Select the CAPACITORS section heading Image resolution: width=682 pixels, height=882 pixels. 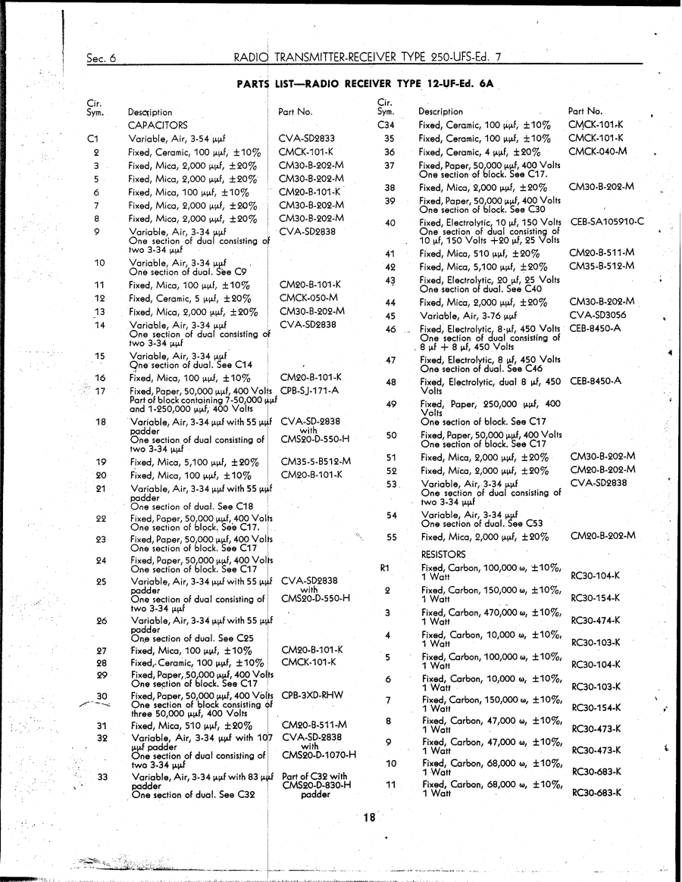coord(158,125)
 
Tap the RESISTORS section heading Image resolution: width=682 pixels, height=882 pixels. coord(443,554)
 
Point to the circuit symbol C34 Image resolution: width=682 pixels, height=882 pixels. coord(386,125)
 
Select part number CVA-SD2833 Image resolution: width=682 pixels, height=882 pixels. coord(307,139)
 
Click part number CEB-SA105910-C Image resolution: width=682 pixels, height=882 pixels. coord(607,221)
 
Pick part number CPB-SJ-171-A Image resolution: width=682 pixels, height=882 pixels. coord(309,391)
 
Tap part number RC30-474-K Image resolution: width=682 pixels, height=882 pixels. coord(595,620)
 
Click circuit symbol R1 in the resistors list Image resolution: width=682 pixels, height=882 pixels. coord(384,567)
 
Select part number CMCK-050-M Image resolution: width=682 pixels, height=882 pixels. coord(308,298)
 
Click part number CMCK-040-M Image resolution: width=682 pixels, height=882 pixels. coord(598,151)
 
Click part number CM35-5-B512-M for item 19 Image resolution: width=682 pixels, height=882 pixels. coord(315,461)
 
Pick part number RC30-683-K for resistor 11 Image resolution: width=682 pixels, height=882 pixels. coord(595,793)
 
